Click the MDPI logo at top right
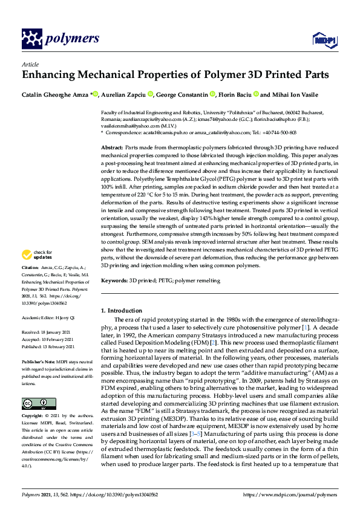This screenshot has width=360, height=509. pos(324,40)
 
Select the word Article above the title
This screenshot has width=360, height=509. pos(30,63)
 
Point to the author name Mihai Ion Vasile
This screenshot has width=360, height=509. pos(296,94)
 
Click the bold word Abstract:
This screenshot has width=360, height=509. pos(112,148)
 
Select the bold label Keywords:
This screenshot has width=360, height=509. pos(114,281)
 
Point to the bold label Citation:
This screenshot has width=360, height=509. pos(30,267)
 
